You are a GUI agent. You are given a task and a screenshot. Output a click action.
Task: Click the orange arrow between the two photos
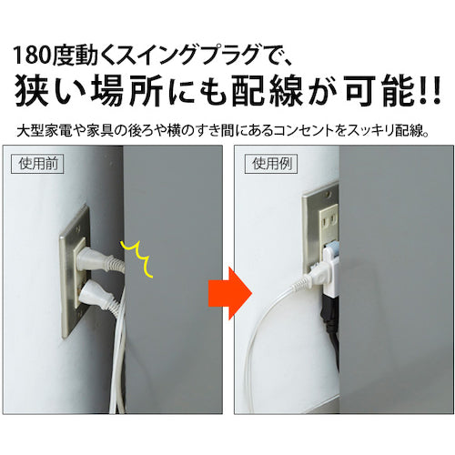[230, 293]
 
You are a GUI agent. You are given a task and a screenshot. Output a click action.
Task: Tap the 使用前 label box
[37, 164]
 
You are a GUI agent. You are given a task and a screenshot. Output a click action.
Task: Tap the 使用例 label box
[271, 164]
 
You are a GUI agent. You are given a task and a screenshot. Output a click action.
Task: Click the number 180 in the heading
[32, 56]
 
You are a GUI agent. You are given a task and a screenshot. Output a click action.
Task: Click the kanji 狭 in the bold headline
[32, 90]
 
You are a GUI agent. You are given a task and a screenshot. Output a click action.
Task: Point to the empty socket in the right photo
[329, 219]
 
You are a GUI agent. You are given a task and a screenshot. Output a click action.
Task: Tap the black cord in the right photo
[330, 321]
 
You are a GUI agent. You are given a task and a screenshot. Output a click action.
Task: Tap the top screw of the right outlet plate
[329, 192]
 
